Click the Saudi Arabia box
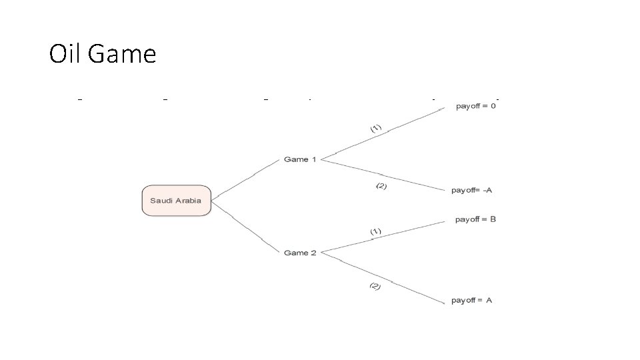[176, 201]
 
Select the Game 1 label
[300, 159]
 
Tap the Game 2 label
[300, 253]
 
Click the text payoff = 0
[475, 106]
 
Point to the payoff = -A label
[471, 190]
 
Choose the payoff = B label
[475, 219]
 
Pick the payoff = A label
[471, 301]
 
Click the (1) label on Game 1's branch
[376, 128]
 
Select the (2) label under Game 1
[381, 186]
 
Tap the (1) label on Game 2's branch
[375, 231]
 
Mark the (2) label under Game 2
[375, 286]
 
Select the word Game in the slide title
[121, 53]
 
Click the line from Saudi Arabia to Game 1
[245, 179]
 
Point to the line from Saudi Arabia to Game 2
[245, 227]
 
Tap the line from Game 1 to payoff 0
[383, 133]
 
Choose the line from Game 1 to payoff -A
[383, 175]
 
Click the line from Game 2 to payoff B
[383, 237]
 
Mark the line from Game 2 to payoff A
[383, 278]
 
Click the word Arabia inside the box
[188, 201]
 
